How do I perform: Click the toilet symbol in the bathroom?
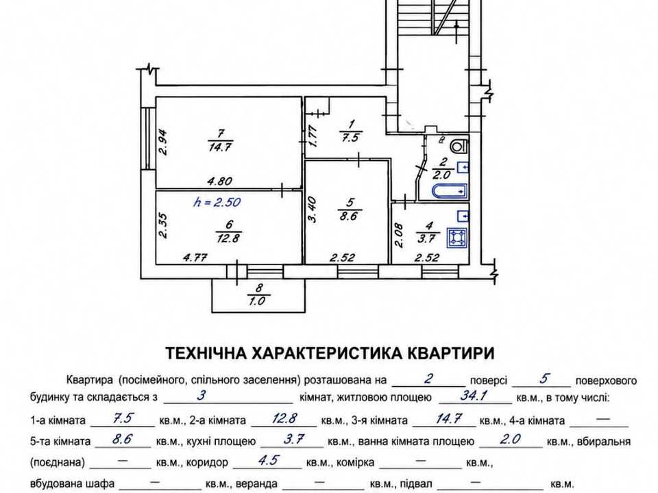point(459,146)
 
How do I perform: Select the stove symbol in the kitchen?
point(457,238)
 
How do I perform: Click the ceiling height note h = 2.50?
point(217,202)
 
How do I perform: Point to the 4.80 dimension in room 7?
point(220,181)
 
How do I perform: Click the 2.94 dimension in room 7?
point(163,142)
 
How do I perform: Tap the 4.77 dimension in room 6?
point(195,257)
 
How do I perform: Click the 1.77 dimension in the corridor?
point(313,136)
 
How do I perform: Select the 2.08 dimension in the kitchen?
point(400,236)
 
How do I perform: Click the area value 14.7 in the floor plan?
point(220,147)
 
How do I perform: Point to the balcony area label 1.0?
point(258,301)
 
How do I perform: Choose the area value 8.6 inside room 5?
point(350,216)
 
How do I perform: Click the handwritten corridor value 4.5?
point(269,460)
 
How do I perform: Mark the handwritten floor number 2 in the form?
point(428,379)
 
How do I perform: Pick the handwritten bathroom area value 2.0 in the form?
point(510,439)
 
